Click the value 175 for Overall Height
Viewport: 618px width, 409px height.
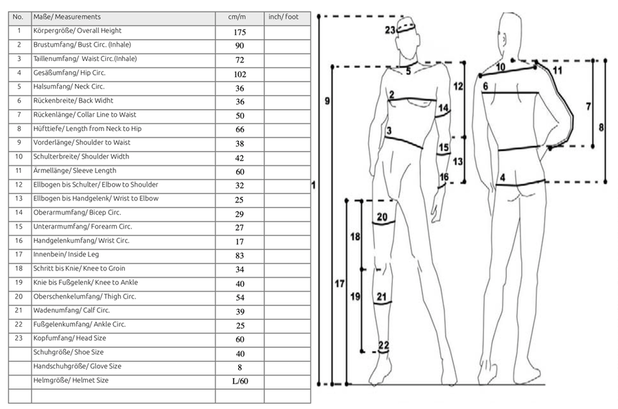click(x=240, y=32)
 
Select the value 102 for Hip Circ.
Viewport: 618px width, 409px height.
click(x=240, y=74)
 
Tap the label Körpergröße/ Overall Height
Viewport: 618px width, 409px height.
click(x=78, y=31)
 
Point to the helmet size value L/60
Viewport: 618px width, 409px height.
click(x=240, y=381)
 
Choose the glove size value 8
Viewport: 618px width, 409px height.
click(x=240, y=367)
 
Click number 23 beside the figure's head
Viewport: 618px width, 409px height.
click(x=390, y=30)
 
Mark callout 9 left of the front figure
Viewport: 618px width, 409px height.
click(x=328, y=101)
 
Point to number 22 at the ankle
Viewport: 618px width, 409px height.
click(x=383, y=344)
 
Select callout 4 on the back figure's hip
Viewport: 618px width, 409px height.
click(x=503, y=178)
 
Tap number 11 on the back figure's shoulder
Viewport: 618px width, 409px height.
click(x=557, y=70)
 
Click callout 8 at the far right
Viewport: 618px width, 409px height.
click(x=602, y=128)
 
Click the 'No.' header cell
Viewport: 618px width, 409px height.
click(x=19, y=16)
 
